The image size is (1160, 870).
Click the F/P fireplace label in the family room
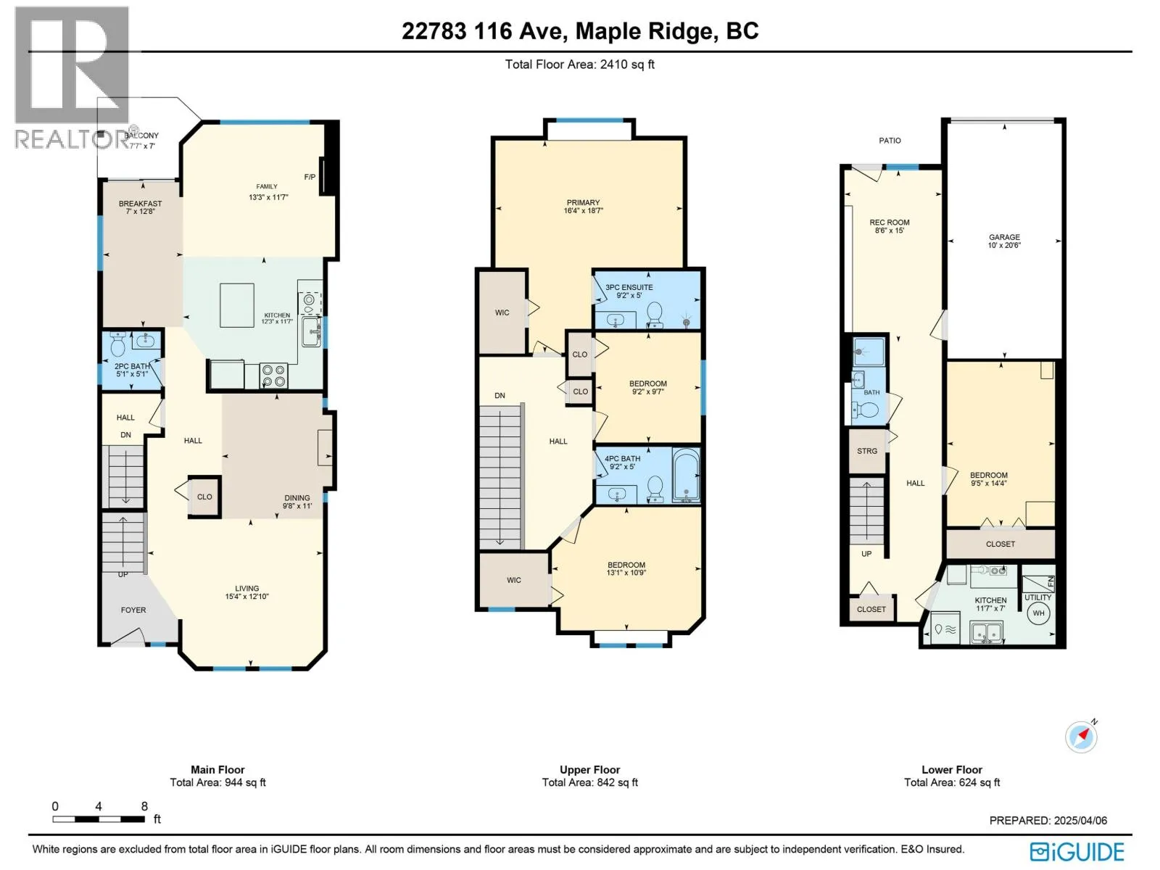coord(310,177)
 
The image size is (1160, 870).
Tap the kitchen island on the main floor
coord(237,305)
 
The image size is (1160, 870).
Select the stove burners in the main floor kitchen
coord(274,376)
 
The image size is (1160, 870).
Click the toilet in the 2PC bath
coord(118,345)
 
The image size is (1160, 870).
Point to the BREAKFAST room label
coord(140,204)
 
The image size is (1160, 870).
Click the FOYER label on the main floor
coord(133,610)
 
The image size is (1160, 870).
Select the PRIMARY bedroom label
coord(583,202)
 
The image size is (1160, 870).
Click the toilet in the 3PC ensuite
coord(655,315)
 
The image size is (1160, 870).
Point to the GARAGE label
coord(1004,237)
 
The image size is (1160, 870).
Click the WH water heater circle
coord(1038,613)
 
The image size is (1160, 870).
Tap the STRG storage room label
coord(866,451)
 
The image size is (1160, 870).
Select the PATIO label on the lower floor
coord(890,141)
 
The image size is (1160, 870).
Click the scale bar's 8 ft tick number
coord(144,806)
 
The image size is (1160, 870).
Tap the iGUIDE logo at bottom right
coord(1077,851)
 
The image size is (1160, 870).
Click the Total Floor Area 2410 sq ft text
coord(580,65)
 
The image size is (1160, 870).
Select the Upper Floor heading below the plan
coord(589,770)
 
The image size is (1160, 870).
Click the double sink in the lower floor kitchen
coord(986,632)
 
